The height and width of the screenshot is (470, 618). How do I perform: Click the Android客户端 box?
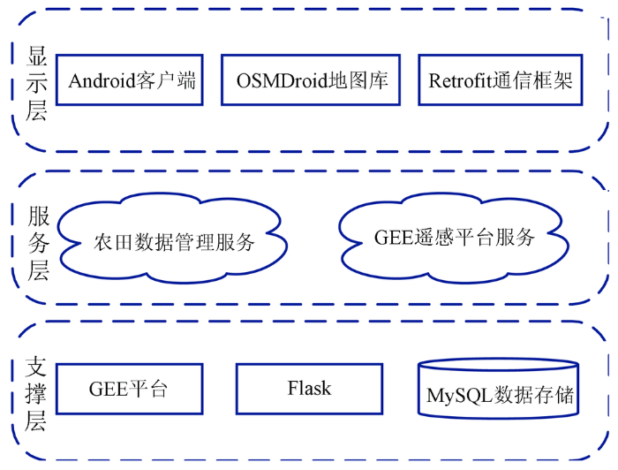point(129,80)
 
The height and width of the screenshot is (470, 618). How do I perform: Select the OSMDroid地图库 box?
point(311,80)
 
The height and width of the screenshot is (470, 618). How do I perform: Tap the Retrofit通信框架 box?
point(501,80)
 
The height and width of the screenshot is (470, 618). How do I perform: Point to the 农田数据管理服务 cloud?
point(173,239)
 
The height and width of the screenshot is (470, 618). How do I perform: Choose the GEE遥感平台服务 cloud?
point(453,238)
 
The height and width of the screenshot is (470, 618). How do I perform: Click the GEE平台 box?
point(129,389)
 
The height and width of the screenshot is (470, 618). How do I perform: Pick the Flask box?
point(309,389)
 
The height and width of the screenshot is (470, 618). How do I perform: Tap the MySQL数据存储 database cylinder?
point(498,389)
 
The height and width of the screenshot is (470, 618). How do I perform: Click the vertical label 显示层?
point(37,83)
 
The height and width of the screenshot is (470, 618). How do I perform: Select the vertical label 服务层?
point(38,243)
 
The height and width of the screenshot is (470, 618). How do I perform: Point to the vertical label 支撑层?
point(36,394)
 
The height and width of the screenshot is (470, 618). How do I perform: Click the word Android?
point(102,80)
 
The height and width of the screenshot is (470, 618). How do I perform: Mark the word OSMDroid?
point(283,80)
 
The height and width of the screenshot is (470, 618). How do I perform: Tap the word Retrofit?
point(460,80)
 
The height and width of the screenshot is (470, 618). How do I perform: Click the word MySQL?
point(460,396)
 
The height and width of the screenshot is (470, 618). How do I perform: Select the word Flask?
point(309,388)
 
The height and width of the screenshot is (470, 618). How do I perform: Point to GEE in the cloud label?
point(393,238)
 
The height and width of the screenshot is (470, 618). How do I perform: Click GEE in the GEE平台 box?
point(109,390)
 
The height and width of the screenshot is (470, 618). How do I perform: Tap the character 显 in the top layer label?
point(37,57)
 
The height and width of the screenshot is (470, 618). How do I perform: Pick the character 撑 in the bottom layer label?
point(36,394)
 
